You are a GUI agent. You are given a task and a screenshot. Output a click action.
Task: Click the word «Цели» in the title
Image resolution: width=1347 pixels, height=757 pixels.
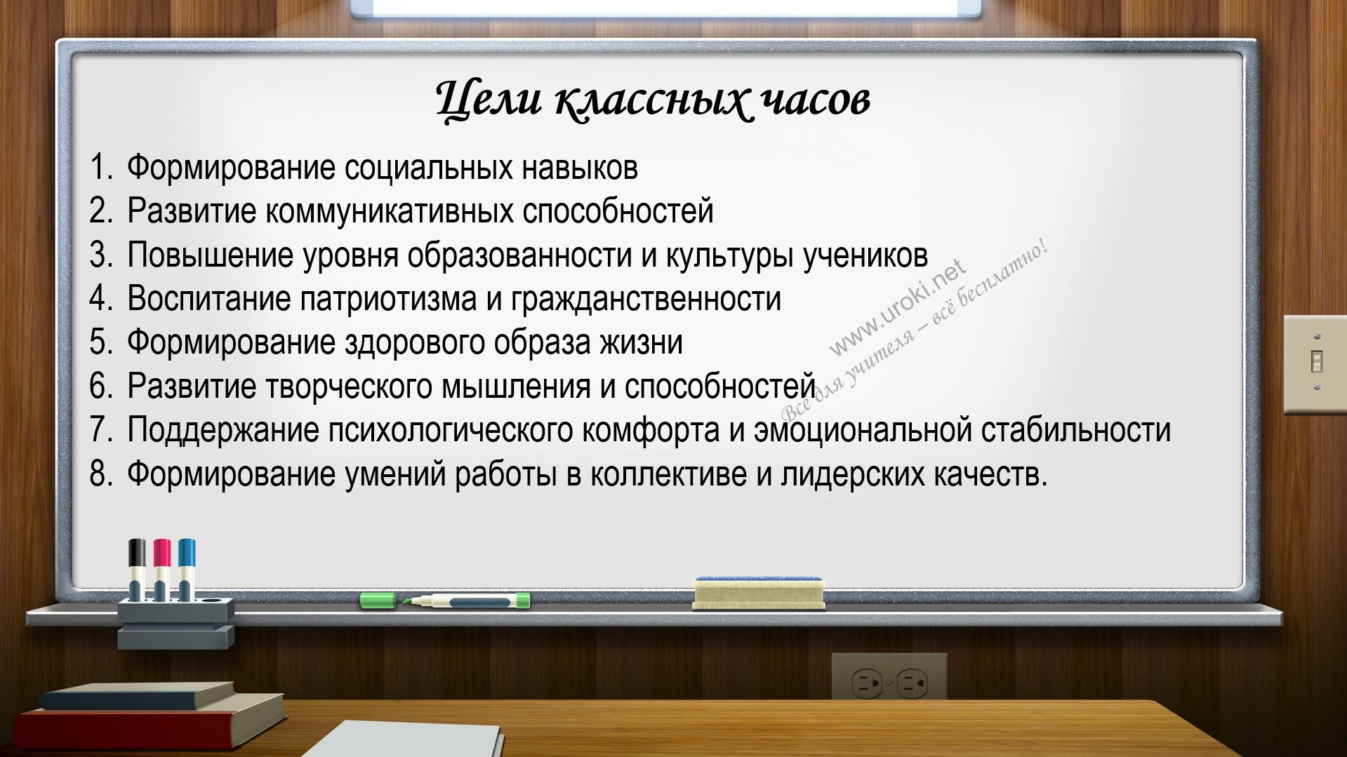tap(489, 100)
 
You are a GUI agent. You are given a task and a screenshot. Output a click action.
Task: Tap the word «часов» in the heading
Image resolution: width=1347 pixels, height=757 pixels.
tap(816, 100)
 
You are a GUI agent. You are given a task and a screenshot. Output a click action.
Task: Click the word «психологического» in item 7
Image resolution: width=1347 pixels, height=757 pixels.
tap(451, 431)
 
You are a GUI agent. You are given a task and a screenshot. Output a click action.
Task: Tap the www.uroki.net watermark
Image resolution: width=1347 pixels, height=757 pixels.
tap(898, 309)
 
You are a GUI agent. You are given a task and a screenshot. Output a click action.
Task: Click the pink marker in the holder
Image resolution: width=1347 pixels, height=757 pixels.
tap(162, 569)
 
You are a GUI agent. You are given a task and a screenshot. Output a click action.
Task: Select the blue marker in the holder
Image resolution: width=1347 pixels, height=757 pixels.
tap(187, 569)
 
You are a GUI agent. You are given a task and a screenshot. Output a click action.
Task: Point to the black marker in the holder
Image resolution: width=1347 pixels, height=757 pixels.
tap(138, 569)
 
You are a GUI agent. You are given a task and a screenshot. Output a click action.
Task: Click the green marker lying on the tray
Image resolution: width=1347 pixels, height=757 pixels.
tap(445, 601)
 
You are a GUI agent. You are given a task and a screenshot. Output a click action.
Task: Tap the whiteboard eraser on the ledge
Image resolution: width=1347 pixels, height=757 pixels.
tap(758, 593)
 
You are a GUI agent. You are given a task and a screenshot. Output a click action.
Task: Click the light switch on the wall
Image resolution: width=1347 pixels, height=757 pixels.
tap(1315, 363)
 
